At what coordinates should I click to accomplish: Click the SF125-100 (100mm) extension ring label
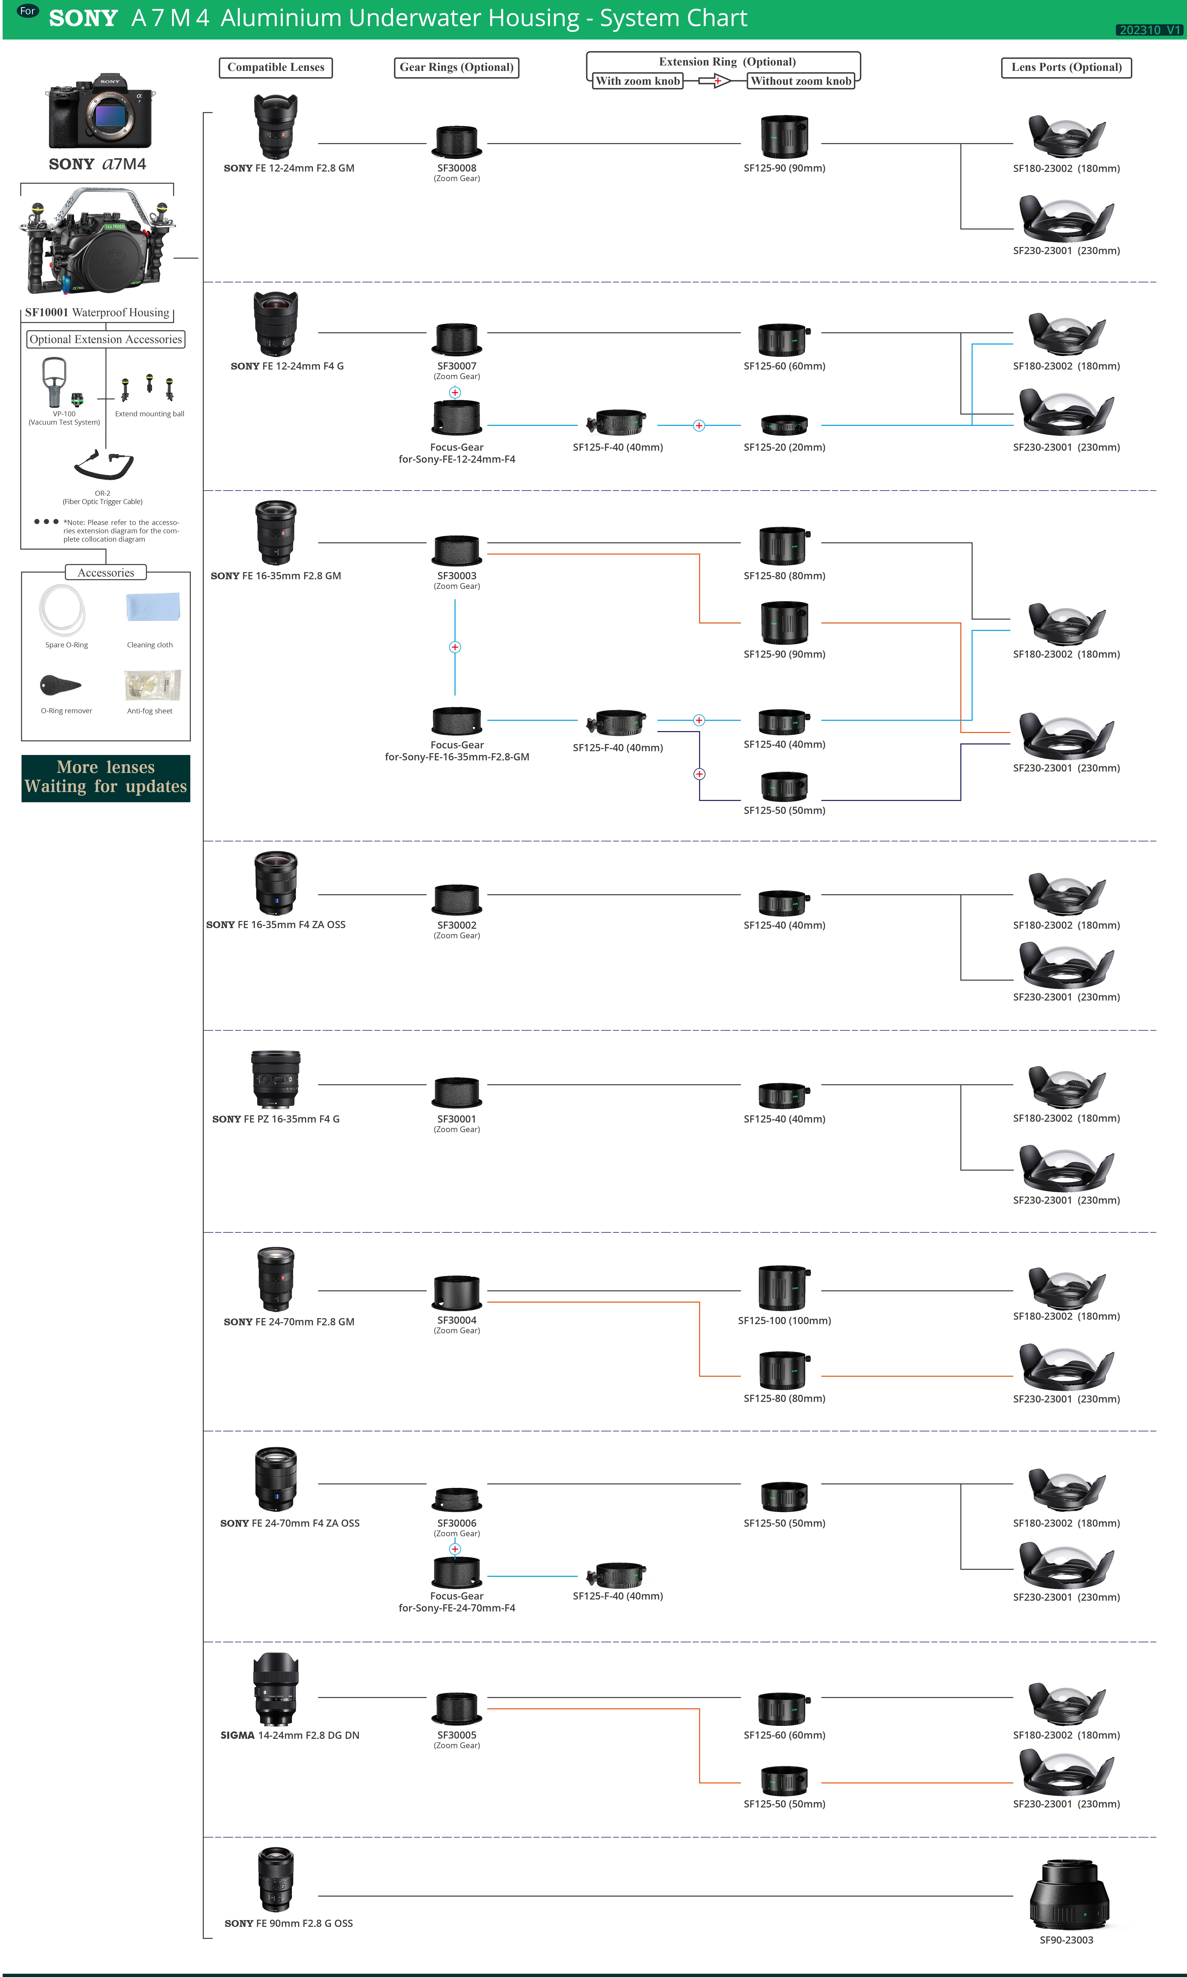click(x=784, y=1320)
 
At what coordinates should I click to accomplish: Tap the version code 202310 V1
click(x=1149, y=30)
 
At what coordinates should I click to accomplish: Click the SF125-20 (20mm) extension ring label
click(x=784, y=447)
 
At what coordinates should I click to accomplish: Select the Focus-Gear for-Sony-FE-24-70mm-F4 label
click(x=457, y=1602)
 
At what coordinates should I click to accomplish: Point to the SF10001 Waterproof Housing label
click(x=97, y=313)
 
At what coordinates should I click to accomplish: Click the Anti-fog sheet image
click(x=153, y=685)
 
